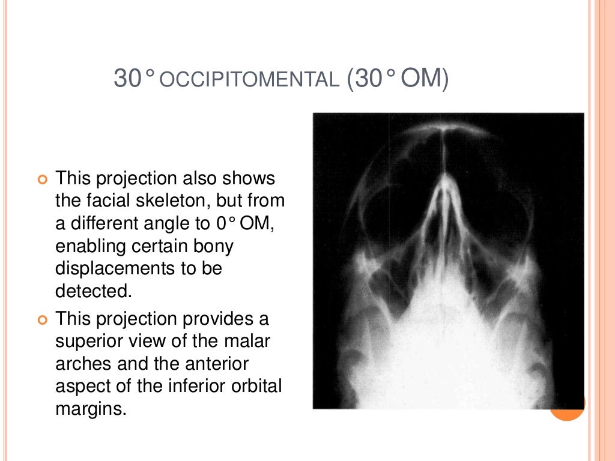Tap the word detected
click(x=92, y=291)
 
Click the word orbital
click(x=252, y=386)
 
